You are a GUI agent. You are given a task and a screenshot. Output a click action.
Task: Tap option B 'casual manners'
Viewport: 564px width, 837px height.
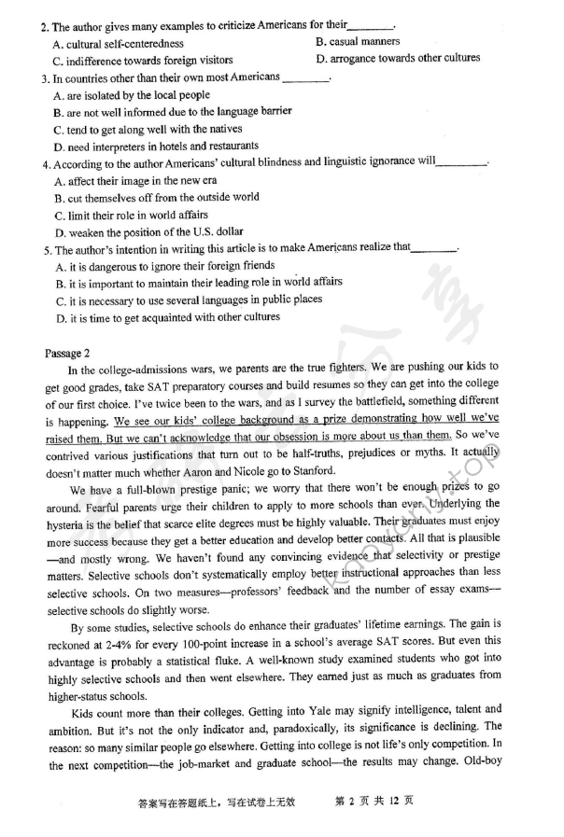coord(359,42)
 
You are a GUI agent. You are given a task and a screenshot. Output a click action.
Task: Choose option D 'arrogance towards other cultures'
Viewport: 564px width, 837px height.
coord(399,59)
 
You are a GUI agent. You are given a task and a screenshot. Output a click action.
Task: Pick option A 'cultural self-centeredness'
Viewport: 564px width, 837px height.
coord(119,43)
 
